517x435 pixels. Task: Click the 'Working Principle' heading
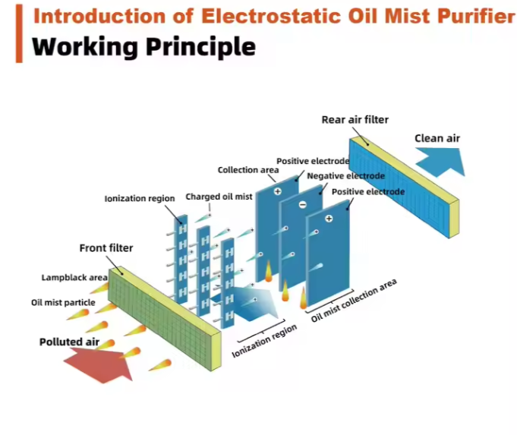pos(144,47)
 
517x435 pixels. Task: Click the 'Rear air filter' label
pos(355,119)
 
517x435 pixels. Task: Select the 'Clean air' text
pos(437,138)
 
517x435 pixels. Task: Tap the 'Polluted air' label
pos(69,342)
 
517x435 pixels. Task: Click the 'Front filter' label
pos(106,247)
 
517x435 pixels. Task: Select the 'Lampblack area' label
pos(74,278)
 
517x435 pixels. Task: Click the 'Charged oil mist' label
pos(219,197)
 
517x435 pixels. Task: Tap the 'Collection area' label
pos(248,170)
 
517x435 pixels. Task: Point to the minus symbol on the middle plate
pos(302,204)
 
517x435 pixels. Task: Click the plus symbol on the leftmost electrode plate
pos(278,191)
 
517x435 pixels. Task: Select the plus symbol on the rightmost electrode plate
pos(329,219)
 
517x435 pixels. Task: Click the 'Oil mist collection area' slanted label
pos(354,301)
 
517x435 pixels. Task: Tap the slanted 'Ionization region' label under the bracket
pos(263,344)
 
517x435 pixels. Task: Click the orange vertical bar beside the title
pos(19,32)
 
